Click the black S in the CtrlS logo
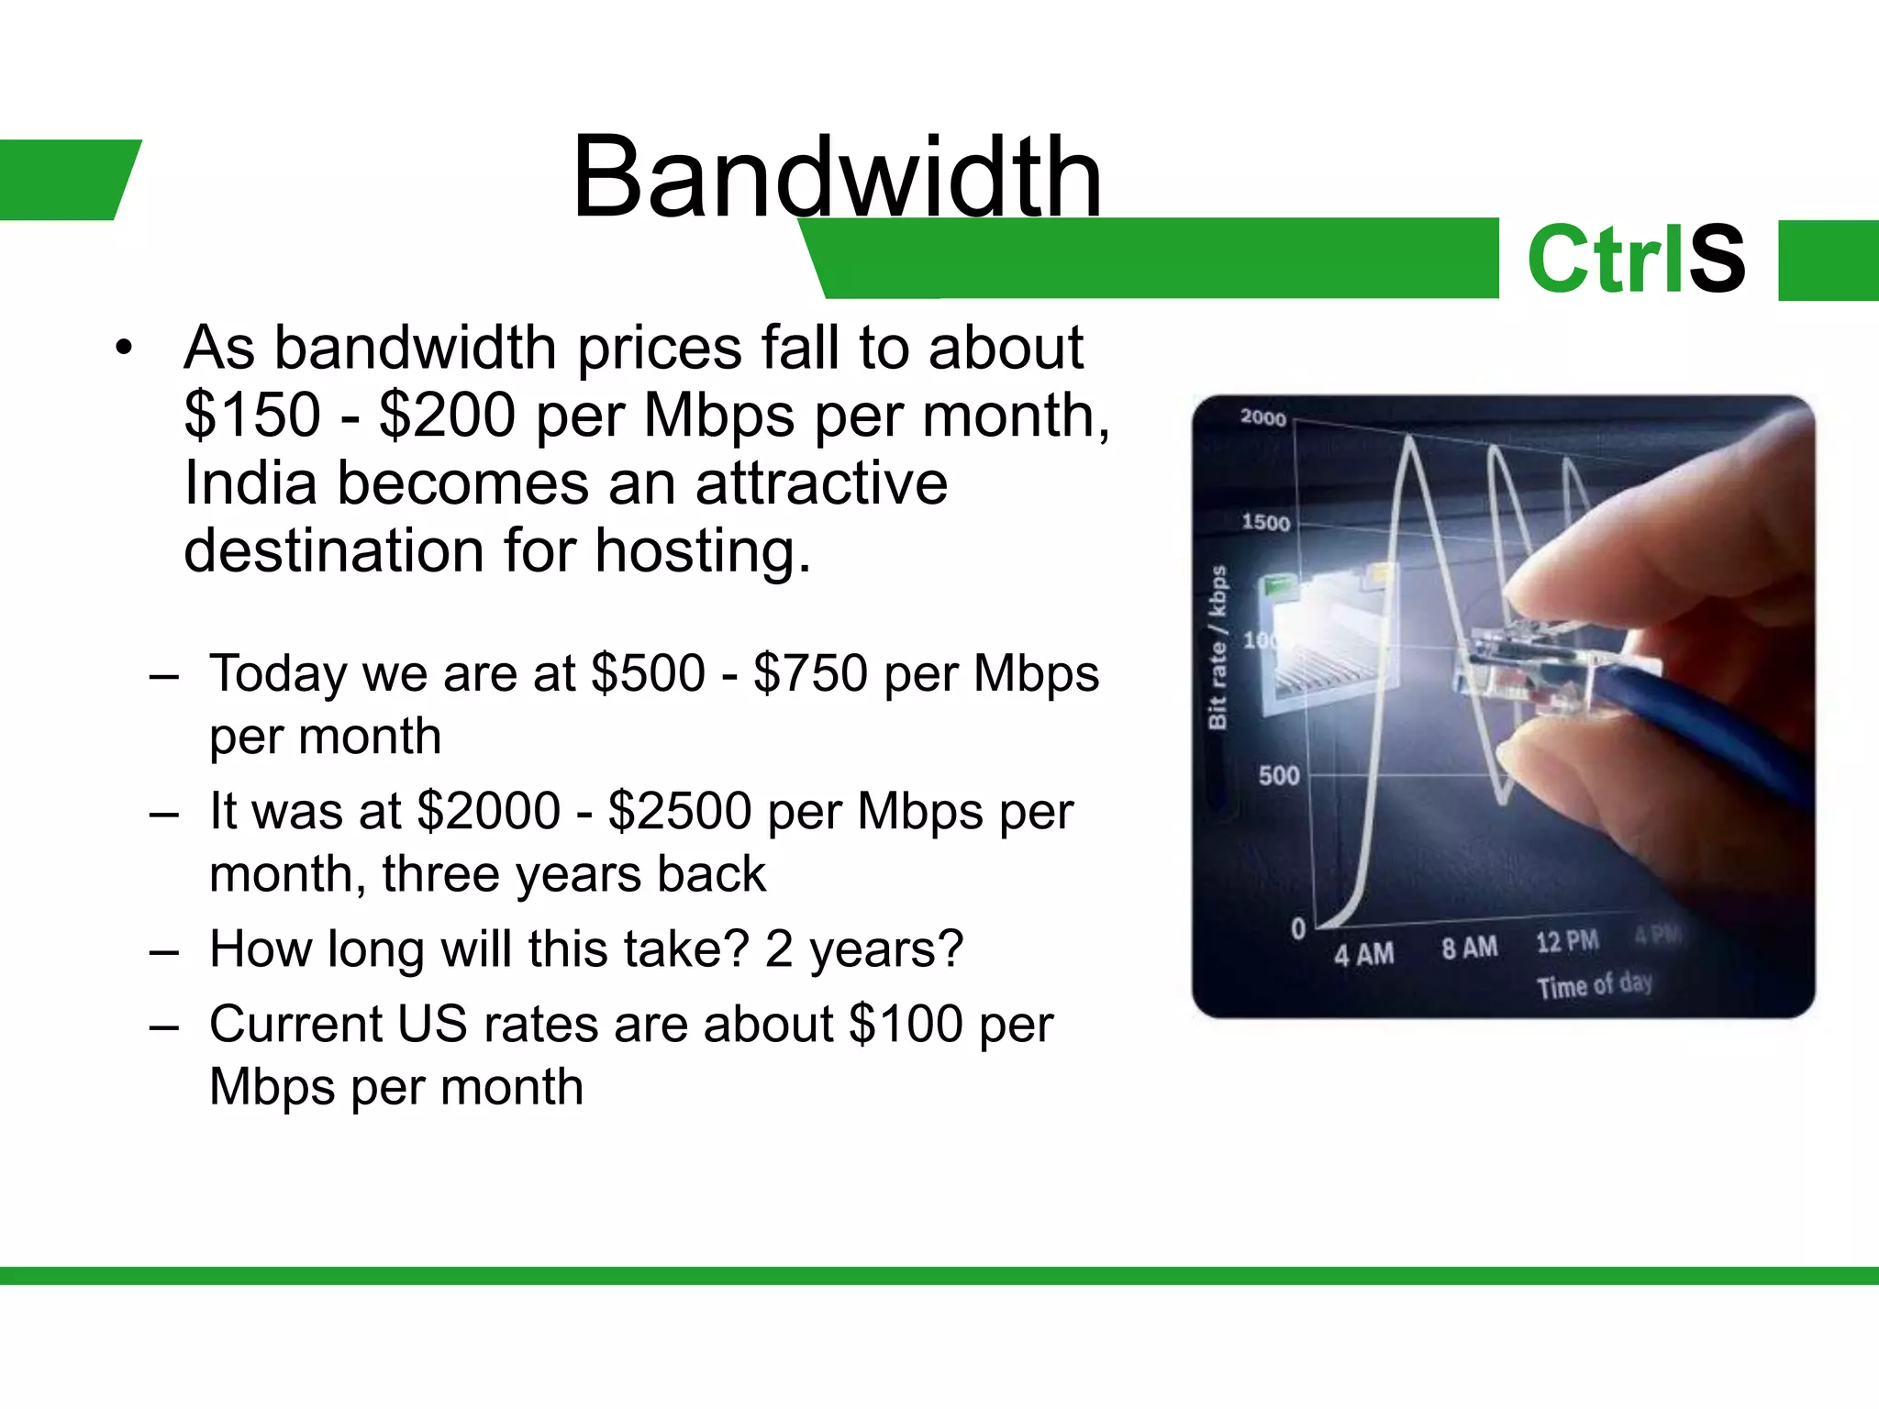1718,260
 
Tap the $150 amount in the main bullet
252,416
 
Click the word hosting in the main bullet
703,551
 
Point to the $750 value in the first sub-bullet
810,673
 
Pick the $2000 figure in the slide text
488,812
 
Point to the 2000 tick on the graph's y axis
1263,418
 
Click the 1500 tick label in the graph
1265,523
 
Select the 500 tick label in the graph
1279,776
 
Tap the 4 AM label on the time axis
1363,954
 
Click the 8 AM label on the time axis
1469,948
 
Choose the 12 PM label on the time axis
1567,942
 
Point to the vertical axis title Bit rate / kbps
1217,648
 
